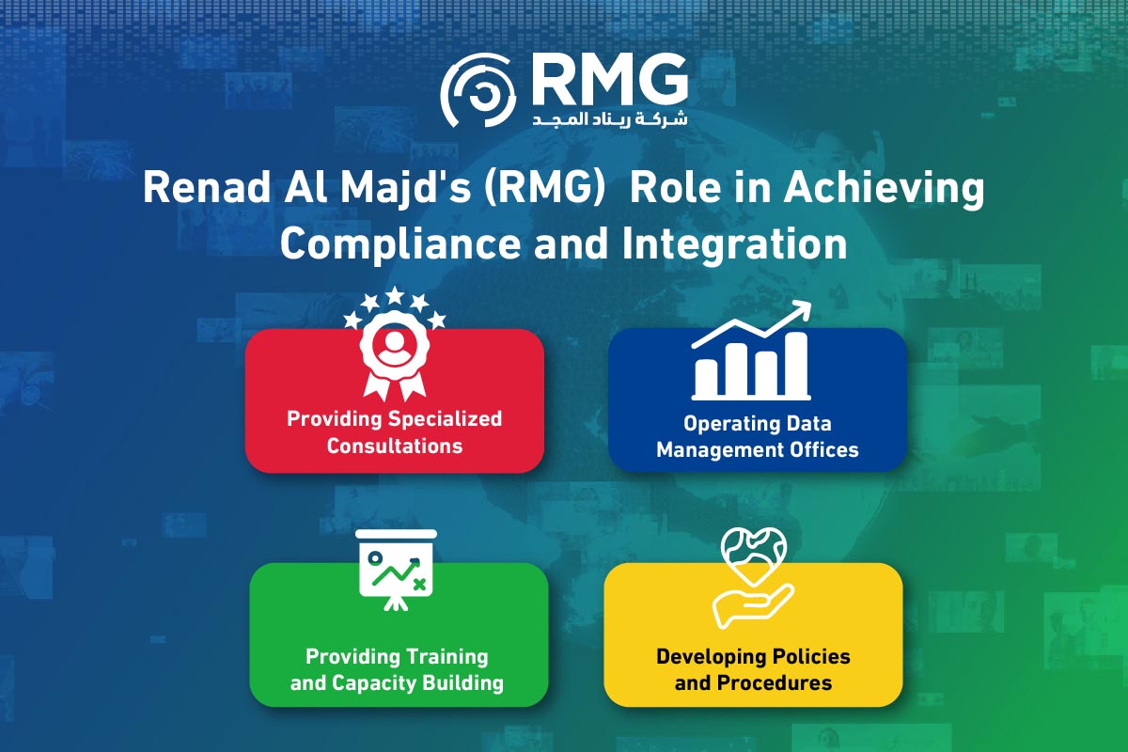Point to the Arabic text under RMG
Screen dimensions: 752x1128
coord(609,120)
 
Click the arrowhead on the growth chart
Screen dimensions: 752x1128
coord(802,308)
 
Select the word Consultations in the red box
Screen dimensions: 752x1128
coord(394,446)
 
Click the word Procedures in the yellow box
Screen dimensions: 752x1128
coord(775,682)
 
